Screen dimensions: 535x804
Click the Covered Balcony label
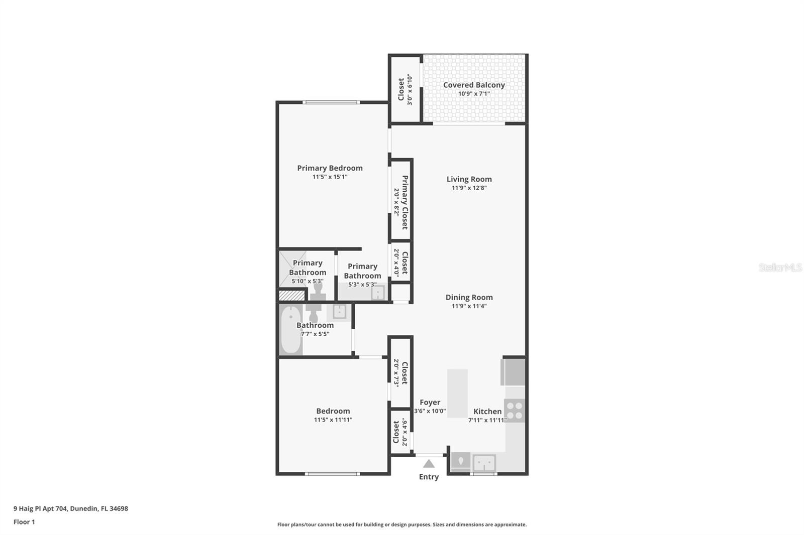474,85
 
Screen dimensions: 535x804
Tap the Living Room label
469,179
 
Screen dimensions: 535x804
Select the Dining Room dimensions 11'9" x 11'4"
469,306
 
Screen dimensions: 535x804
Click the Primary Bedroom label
330,168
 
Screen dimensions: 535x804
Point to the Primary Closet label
405,202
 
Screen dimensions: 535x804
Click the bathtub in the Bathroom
290,330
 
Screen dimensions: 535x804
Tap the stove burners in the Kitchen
515,410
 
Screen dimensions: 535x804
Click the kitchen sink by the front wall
484,462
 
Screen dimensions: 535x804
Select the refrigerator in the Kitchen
514,372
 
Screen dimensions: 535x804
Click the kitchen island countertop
457,393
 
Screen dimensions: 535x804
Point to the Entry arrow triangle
429,464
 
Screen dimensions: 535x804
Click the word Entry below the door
429,477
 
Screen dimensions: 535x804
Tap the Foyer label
430,402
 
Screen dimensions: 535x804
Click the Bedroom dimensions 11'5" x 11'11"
333,420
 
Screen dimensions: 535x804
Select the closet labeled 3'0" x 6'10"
405,89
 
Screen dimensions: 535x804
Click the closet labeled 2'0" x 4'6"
400,432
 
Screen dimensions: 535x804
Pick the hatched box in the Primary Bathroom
292,295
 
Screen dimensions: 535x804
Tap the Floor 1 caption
24,522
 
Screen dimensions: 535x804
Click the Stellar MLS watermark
780,267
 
